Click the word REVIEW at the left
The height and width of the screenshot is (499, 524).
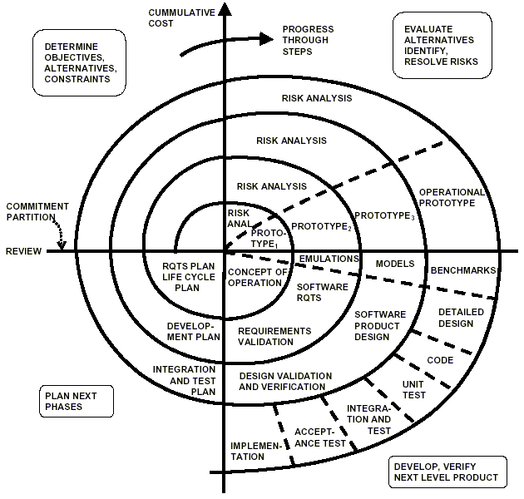pos(25,251)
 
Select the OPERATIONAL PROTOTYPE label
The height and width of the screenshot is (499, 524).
pos(452,197)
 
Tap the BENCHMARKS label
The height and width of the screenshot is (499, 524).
pos(462,271)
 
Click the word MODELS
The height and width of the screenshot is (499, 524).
pos(395,264)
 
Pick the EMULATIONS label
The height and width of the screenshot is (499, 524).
pos(329,259)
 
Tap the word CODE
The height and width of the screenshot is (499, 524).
pos(440,360)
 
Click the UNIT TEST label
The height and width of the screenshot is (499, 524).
pos(413,389)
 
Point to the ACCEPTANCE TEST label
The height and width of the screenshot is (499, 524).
pos(320,438)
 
